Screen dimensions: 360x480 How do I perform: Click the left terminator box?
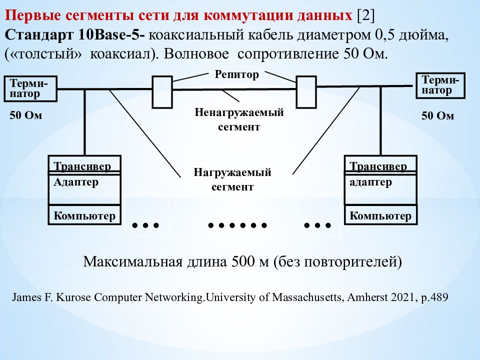29,88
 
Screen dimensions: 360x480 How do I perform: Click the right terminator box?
440,85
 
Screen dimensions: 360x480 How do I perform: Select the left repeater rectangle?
162,92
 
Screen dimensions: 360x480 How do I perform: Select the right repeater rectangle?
306,91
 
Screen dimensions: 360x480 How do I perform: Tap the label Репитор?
237,75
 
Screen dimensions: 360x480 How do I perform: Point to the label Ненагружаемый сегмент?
239,119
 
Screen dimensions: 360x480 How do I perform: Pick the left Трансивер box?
84,165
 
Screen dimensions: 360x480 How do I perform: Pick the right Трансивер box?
380,165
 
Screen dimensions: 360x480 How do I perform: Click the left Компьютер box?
84,216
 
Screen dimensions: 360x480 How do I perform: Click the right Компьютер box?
380,216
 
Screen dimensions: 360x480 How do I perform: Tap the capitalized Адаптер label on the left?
76,182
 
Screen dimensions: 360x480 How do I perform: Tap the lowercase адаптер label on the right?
371,182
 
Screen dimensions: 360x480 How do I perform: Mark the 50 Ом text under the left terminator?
26,116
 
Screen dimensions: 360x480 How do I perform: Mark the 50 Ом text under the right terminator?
437,116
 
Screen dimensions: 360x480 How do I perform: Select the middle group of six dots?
237,225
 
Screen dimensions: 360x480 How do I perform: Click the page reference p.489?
433,297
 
